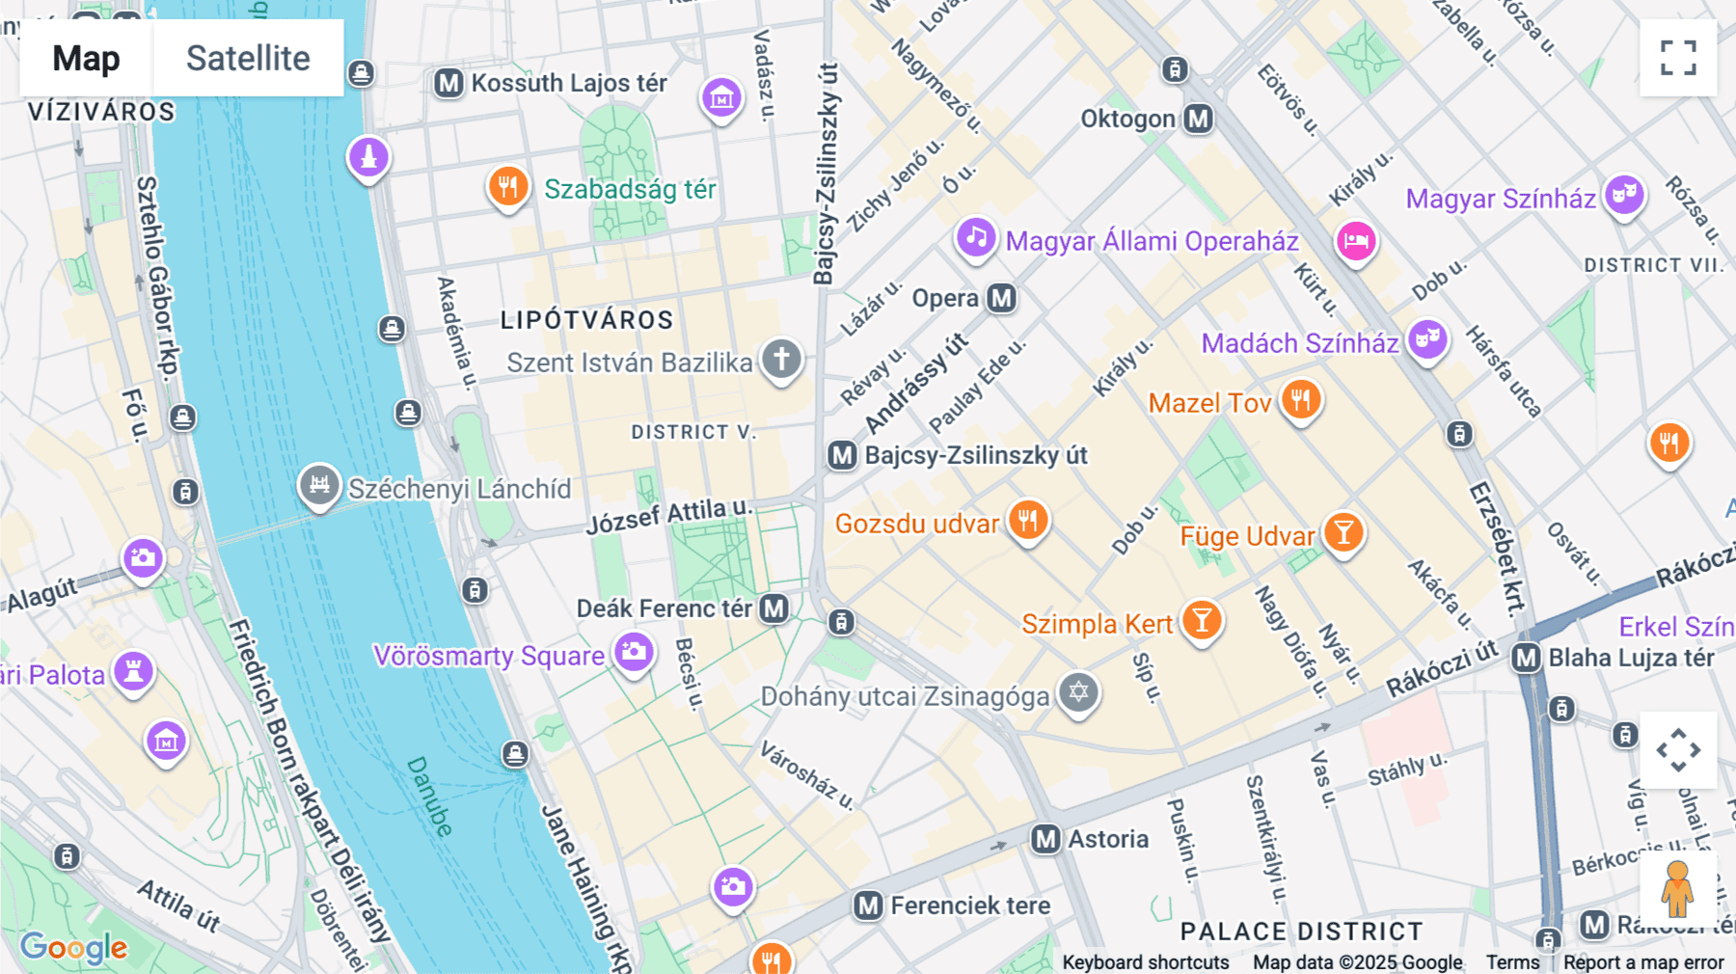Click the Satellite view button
[248, 58]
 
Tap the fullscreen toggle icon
[1678, 58]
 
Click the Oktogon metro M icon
[1198, 119]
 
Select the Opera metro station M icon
[1002, 298]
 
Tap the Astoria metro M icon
[1046, 839]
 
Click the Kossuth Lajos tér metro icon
[448, 83]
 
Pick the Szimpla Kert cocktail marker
[1202, 620]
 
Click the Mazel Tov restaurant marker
[1301, 399]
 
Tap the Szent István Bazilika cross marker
[781, 359]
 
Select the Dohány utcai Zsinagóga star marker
[1078, 691]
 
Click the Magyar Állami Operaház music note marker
[976, 236]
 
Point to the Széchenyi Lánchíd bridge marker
[319, 484]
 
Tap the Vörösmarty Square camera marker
[634, 652]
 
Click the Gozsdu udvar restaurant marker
[1028, 521]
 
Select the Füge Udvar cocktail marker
[1343, 531]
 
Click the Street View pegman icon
[1678, 888]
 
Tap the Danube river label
[430, 797]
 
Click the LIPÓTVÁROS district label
[586, 320]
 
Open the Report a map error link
[1643, 962]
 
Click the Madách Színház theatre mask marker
[1427, 339]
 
